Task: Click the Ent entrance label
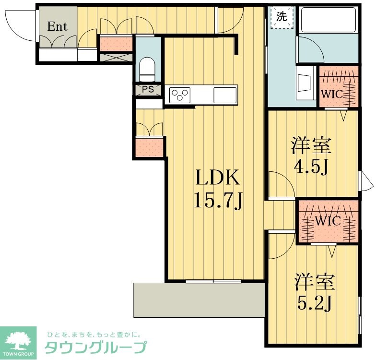coord(57,26)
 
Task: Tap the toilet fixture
coord(146,69)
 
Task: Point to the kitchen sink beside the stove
coord(224,95)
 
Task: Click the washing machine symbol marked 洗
coord(282,17)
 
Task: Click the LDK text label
coord(216,179)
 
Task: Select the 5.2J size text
coord(314,302)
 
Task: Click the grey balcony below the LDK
coord(199,300)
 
